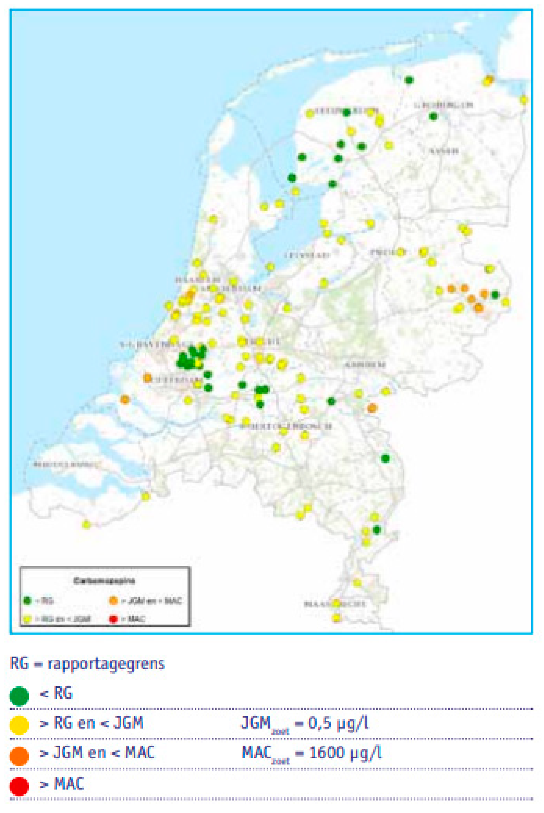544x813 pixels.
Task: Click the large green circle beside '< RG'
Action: (x=19, y=696)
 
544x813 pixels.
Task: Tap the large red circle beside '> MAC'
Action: (x=19, y=786)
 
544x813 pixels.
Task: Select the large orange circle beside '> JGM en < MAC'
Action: (x=19, y=756)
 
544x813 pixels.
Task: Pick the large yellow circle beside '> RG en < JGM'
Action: (x=19, y=725)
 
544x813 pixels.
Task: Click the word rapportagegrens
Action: (x=106, y=663)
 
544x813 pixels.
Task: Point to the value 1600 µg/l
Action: (x=345, y=753)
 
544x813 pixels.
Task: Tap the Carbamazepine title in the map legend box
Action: (x=104, y=581)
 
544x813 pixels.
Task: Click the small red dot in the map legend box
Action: (x=113, y=619)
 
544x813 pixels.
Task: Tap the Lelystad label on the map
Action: (x=307, y=255)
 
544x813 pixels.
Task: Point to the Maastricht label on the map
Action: (x=335, y=604)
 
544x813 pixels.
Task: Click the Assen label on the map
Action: (x=444, y=151)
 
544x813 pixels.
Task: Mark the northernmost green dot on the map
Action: (x=409, y=80)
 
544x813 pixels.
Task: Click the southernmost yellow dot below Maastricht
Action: (x=336, y=617)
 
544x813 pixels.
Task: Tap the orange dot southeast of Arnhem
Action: (x=372, y=408)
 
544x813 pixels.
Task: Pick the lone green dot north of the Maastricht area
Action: (x=385, y=458)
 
